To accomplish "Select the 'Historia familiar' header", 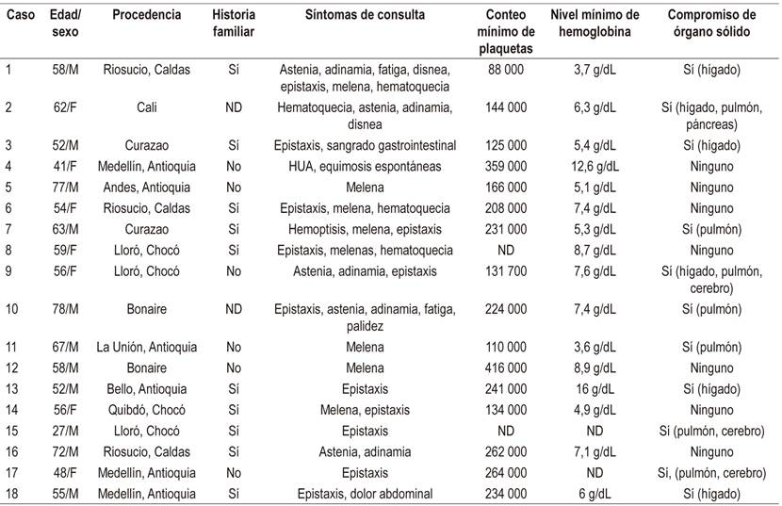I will [x=234, y=24].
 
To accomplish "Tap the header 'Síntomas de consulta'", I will [x=365, y=15].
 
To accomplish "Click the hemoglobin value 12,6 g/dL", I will [x=595, y=166].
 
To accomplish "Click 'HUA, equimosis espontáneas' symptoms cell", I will [x=365, y=166].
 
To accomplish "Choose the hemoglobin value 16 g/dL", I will [x=595, y=389].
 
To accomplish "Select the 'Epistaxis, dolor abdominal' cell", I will [x=365, y=494].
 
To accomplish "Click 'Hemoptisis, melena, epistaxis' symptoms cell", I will [x=365, y=228].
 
